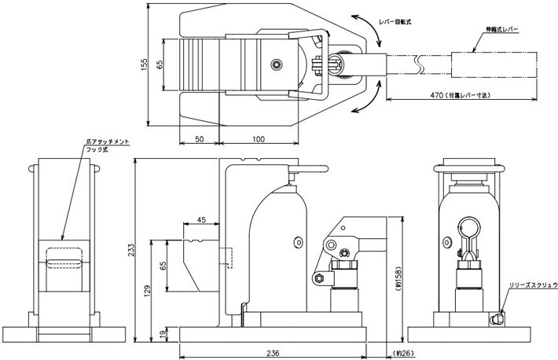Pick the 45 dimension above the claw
pos(201,220)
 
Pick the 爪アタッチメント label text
pos(108,141)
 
